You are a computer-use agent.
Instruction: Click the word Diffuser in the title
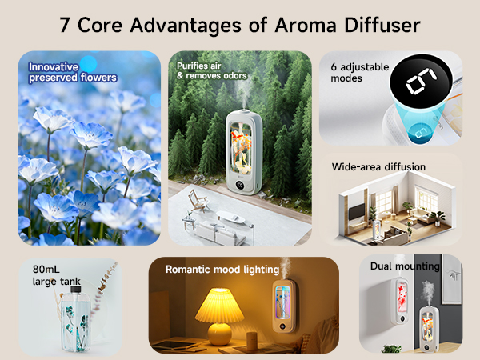coord(378,25)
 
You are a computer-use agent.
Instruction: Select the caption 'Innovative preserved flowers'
coord(73,72)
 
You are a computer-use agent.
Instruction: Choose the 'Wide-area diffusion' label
coord(378,167)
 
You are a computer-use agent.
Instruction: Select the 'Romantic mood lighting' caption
coord(222,269)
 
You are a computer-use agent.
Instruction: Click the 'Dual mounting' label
coord(405,266)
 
